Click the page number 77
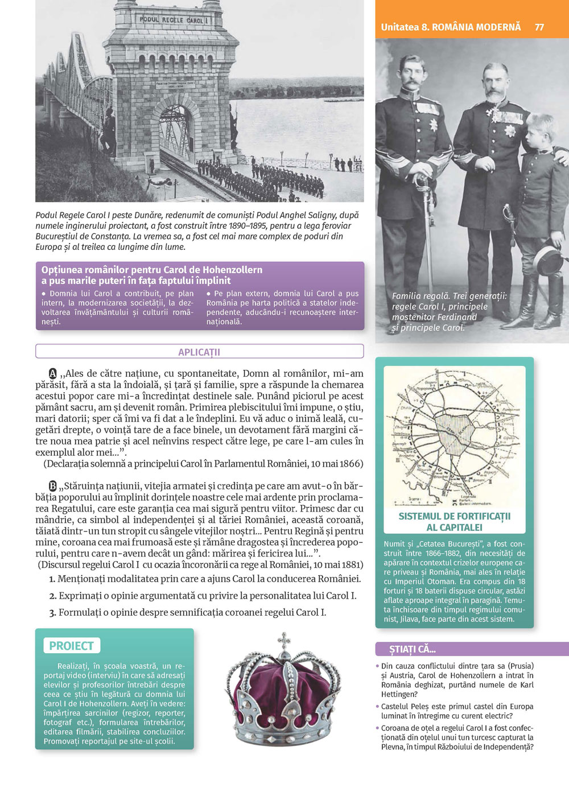[x=539, y=27]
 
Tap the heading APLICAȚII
[x=199, y=352]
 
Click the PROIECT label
[x=71, y=646]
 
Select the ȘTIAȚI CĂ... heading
[x=413, y=649]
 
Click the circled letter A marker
[x=53, y=374]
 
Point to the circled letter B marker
[x=53, y=486]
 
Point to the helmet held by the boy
[x=550, y=259]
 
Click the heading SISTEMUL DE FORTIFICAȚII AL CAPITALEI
[x=454, y=522]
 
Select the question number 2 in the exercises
[x=52, y=596]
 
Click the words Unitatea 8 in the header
[x=405, y=27]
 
